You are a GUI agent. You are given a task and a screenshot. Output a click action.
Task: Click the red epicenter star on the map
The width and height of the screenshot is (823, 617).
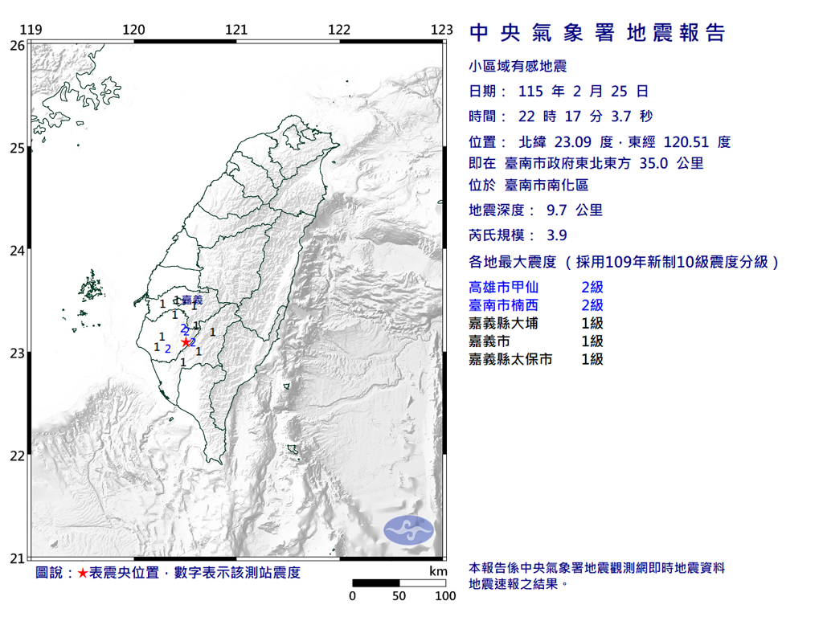(x=186, y=342)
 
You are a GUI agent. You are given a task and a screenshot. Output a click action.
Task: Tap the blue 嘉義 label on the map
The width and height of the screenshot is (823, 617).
(x=192, y=300)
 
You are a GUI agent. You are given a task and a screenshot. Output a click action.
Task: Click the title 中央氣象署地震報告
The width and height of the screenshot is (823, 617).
(x=597, y=33)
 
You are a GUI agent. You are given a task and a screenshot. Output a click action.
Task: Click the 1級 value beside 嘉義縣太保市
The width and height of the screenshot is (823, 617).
(x=592, y=360)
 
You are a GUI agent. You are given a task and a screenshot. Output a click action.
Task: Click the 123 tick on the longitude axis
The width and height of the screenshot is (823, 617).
(x=441, y=31)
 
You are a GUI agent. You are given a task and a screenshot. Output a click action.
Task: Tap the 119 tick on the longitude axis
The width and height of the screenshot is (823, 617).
(x=31, y=31)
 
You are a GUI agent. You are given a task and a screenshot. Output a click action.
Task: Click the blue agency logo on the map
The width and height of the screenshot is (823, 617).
(x=408, y=529)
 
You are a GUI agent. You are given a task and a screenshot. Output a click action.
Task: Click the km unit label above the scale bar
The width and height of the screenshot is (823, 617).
(x=437, y=571)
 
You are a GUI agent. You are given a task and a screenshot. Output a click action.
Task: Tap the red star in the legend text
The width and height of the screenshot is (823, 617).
(x=82, y=573)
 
